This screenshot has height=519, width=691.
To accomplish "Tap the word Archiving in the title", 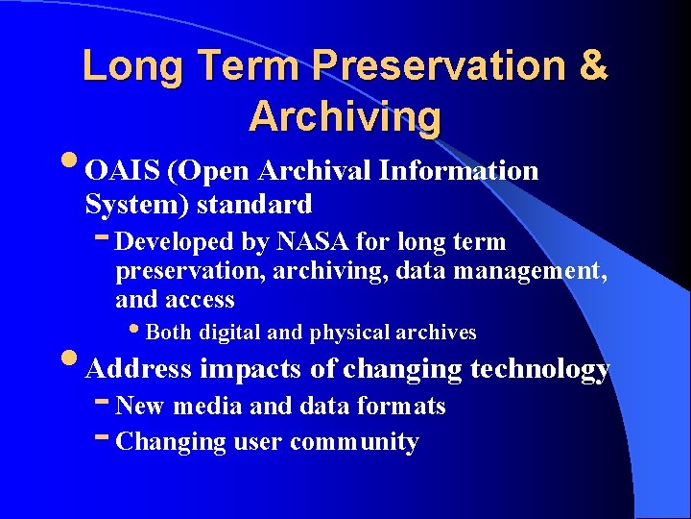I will (x=345, y=117).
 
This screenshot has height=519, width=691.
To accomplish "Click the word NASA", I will (x=369, y=241).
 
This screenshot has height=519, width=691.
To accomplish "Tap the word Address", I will (x=140, y=369).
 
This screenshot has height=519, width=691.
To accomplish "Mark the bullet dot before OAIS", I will (x=75, y=164).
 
